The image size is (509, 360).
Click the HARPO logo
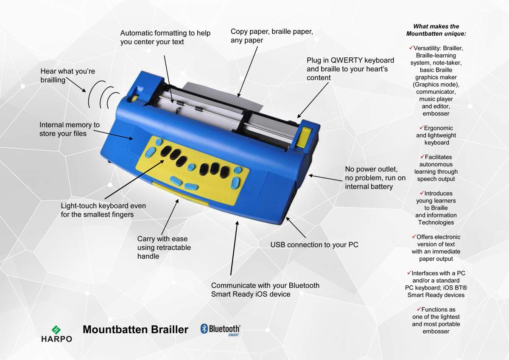[56, 334]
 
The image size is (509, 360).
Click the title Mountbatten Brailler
[135, 330]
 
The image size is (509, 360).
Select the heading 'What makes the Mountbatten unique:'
[436, 30]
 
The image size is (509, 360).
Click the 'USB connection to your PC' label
[314, 245]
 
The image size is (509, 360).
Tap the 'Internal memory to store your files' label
[70, 129]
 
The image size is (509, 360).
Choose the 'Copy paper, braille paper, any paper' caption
[272, 36]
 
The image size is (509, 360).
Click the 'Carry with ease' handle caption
[164, 247]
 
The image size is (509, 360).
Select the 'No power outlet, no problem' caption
[375, 178]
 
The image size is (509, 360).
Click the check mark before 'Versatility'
[411, 48]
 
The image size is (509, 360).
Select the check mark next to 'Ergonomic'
[421, 127]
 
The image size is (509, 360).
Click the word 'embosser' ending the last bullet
[436, 331]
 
